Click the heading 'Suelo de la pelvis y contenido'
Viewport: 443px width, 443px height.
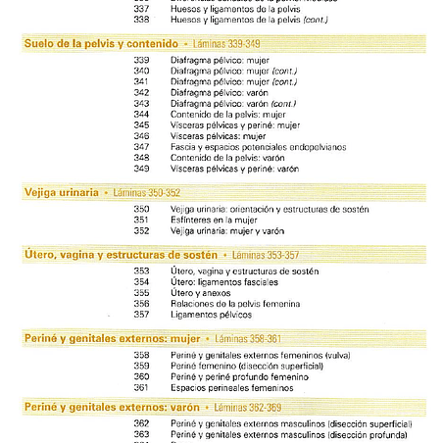(x=101, y=44)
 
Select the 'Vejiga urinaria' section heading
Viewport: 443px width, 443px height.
(x=61, y=192)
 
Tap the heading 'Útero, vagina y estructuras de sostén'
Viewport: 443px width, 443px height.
(x=121, y=255)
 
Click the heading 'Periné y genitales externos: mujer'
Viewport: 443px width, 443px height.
(x=111, y=338)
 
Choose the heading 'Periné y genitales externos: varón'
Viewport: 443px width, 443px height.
(x=111, y=406)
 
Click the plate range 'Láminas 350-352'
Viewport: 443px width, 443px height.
(x=147, y=192)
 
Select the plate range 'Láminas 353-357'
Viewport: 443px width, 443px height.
(x=266, y=255)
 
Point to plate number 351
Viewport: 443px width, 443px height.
(x=141, y=221)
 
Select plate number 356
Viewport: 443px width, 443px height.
(x=141, y=304)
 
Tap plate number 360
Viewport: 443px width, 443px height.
(x=141, y=376)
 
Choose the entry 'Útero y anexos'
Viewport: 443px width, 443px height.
(x=199, y=293)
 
